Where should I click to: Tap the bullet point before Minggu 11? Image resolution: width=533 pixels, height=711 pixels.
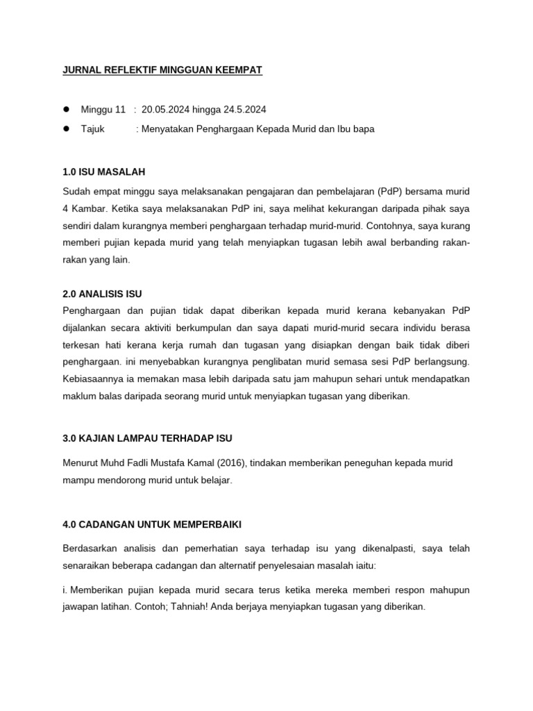[67, 110]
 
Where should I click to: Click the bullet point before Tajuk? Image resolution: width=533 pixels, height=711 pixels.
[67, 129]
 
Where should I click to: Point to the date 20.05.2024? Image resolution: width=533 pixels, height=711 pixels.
[167, 110]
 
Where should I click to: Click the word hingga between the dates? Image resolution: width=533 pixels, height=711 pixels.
[207, 110]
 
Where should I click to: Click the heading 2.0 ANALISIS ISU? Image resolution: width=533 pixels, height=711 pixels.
[102, 294]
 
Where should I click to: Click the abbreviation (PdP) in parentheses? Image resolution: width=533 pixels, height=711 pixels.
[394, 190]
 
